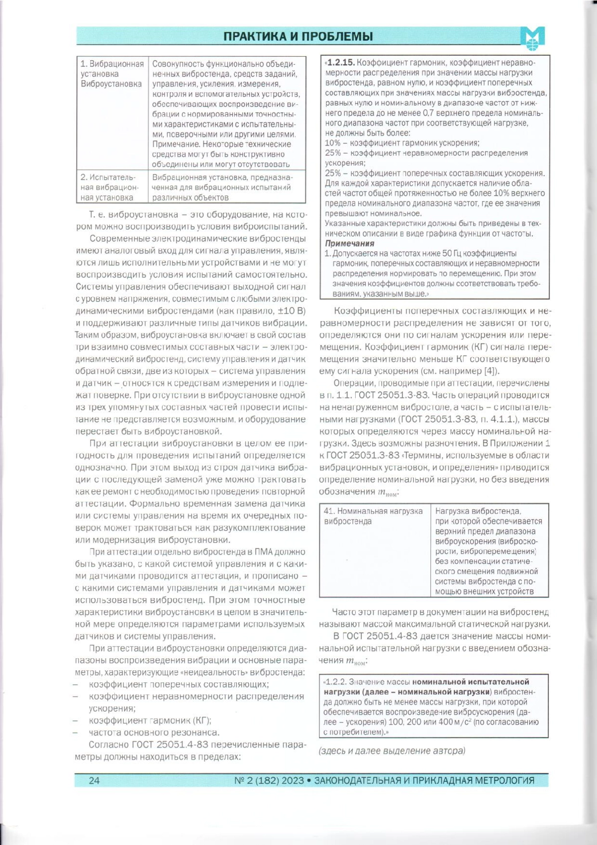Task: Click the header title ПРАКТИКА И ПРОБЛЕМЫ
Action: tap(298, 36)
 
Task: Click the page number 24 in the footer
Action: tap(94, 780)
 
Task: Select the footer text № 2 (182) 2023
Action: tap(269, 780)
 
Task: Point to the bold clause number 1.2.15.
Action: tap(341, 63)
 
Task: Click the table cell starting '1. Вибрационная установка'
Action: tap(112, 74)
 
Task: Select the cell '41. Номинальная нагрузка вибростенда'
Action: tap(373, 516)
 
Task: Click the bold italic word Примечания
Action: tap(350, 243)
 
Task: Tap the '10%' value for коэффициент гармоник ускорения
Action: tap(333, 143)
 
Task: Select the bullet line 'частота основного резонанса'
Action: tap(154, 733)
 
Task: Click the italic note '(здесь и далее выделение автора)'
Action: tap(392, 750)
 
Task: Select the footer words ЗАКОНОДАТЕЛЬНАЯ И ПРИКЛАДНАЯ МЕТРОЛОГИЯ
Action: tap(424, 780)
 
